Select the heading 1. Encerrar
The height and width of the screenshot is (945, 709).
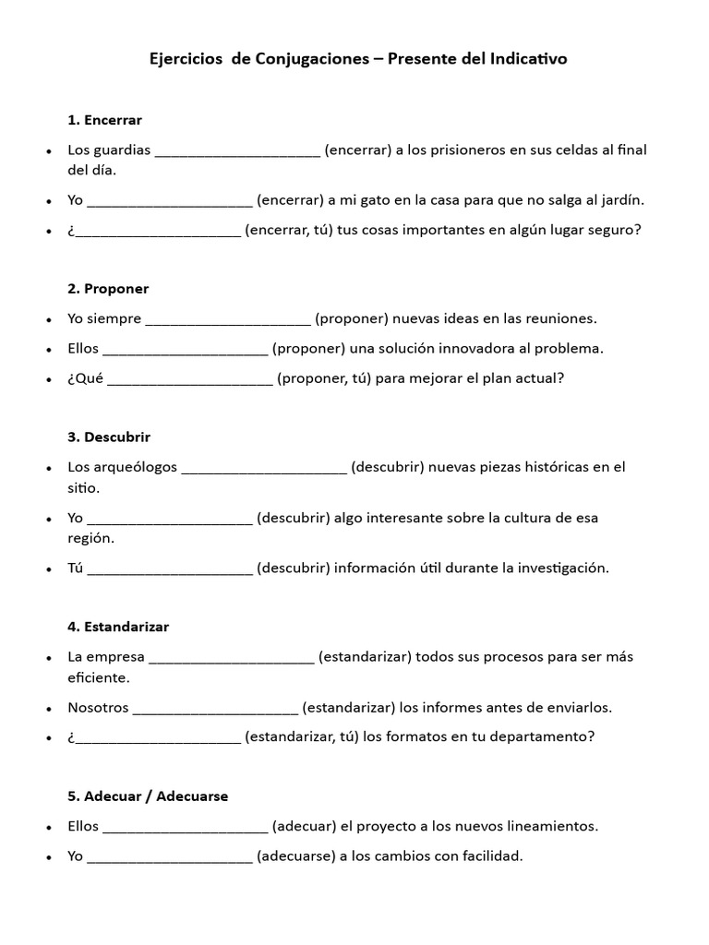104,120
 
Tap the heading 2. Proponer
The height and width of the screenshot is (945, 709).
108,289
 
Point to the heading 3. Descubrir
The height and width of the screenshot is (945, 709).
109,437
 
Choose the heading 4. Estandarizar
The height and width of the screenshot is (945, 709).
118,627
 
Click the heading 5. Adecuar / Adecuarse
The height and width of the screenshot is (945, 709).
148,795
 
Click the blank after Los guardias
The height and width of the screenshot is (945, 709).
237,152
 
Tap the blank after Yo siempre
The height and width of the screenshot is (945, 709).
228,320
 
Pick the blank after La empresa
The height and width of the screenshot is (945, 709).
231,659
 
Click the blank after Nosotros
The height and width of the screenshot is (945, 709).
215,710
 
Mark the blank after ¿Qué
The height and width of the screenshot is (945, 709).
190,379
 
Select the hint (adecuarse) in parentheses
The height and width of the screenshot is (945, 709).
295,856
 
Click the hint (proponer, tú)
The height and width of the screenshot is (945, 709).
324,378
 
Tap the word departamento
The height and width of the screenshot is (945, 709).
537,737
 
